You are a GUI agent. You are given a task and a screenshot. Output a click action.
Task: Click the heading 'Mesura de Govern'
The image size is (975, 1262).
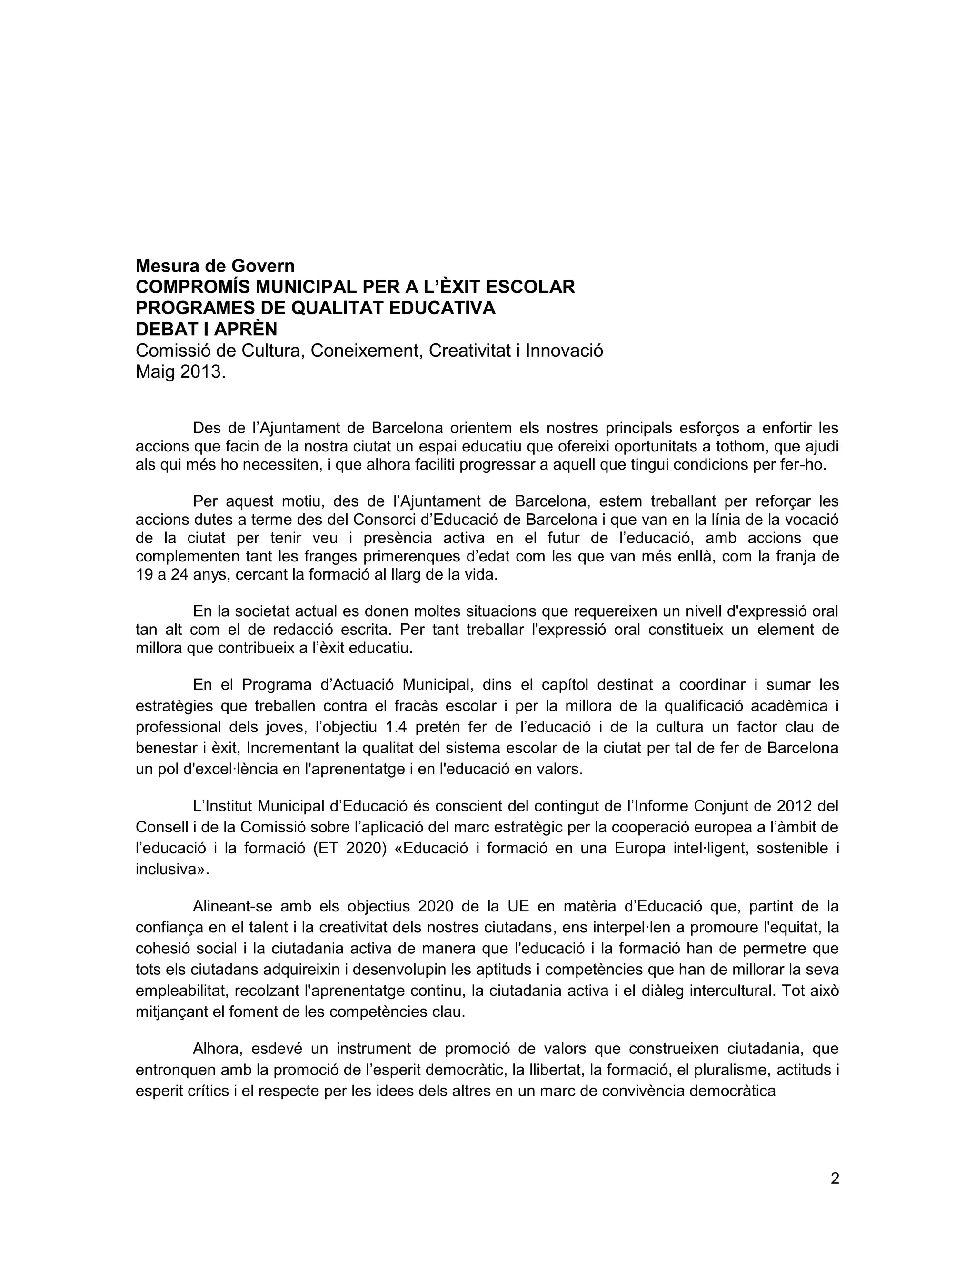[215, 266]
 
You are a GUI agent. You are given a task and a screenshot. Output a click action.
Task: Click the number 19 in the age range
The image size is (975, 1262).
[144, 576]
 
